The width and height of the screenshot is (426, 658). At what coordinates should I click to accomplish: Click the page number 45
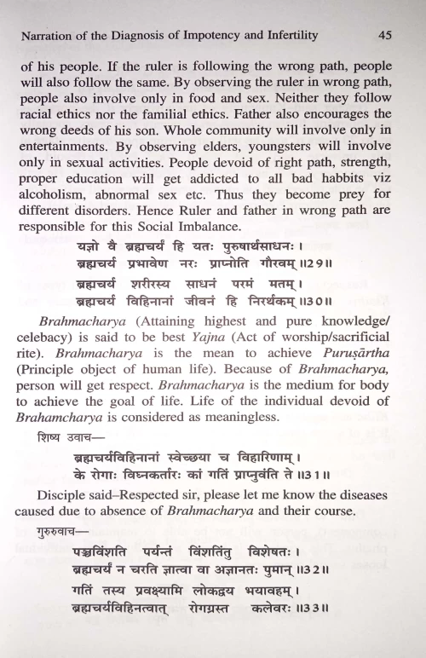[x=383, y=36]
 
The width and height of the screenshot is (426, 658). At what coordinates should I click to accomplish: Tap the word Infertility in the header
[x=286, y=36]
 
